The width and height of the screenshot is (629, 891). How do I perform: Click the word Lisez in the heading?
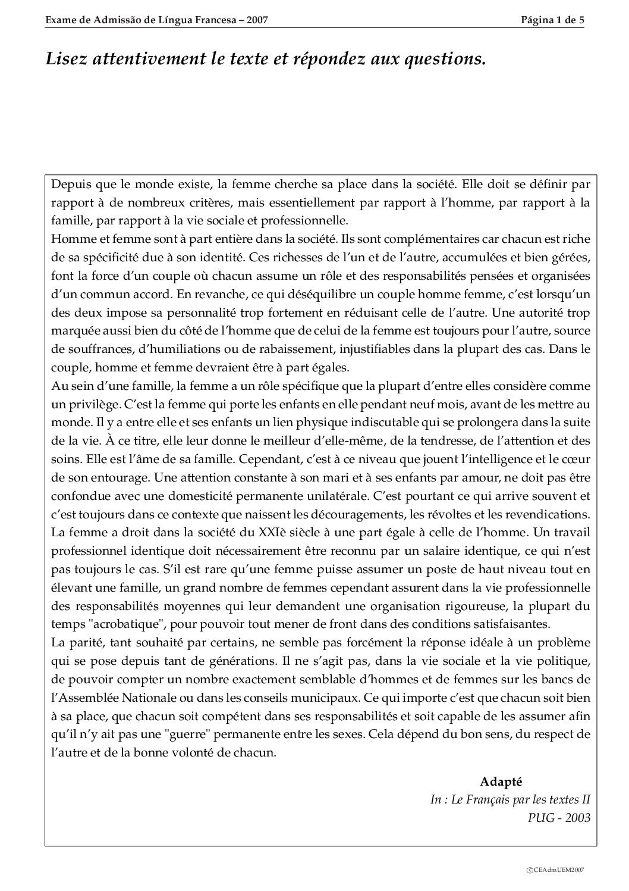click(64, 59)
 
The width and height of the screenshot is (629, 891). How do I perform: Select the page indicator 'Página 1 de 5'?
click(553, 20)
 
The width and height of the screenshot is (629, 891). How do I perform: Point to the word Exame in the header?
click(60, 20)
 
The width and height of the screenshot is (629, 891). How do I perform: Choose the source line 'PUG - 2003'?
click(559, 817)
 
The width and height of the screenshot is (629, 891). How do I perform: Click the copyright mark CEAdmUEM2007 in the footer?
click(555, 870)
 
